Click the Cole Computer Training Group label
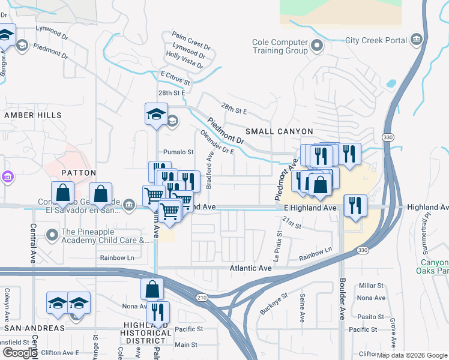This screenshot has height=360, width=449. point(280,46)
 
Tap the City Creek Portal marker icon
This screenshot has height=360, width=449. point(417,41)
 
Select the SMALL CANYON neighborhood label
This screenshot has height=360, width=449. point(279,131)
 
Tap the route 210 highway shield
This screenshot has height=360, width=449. point(202,298)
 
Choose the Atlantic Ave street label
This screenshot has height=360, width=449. point(250,269)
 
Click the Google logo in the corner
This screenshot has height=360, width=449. point(20,353)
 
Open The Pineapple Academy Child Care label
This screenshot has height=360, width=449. point(104,236)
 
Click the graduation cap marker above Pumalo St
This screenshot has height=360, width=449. point(156,114)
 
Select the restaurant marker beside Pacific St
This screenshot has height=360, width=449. point(158,312)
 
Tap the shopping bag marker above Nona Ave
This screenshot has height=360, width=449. point(152,289)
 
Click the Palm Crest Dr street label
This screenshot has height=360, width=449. point(191,37)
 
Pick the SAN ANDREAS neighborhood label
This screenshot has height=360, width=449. point(34,328)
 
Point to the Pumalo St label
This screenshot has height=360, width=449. point(179,152)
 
